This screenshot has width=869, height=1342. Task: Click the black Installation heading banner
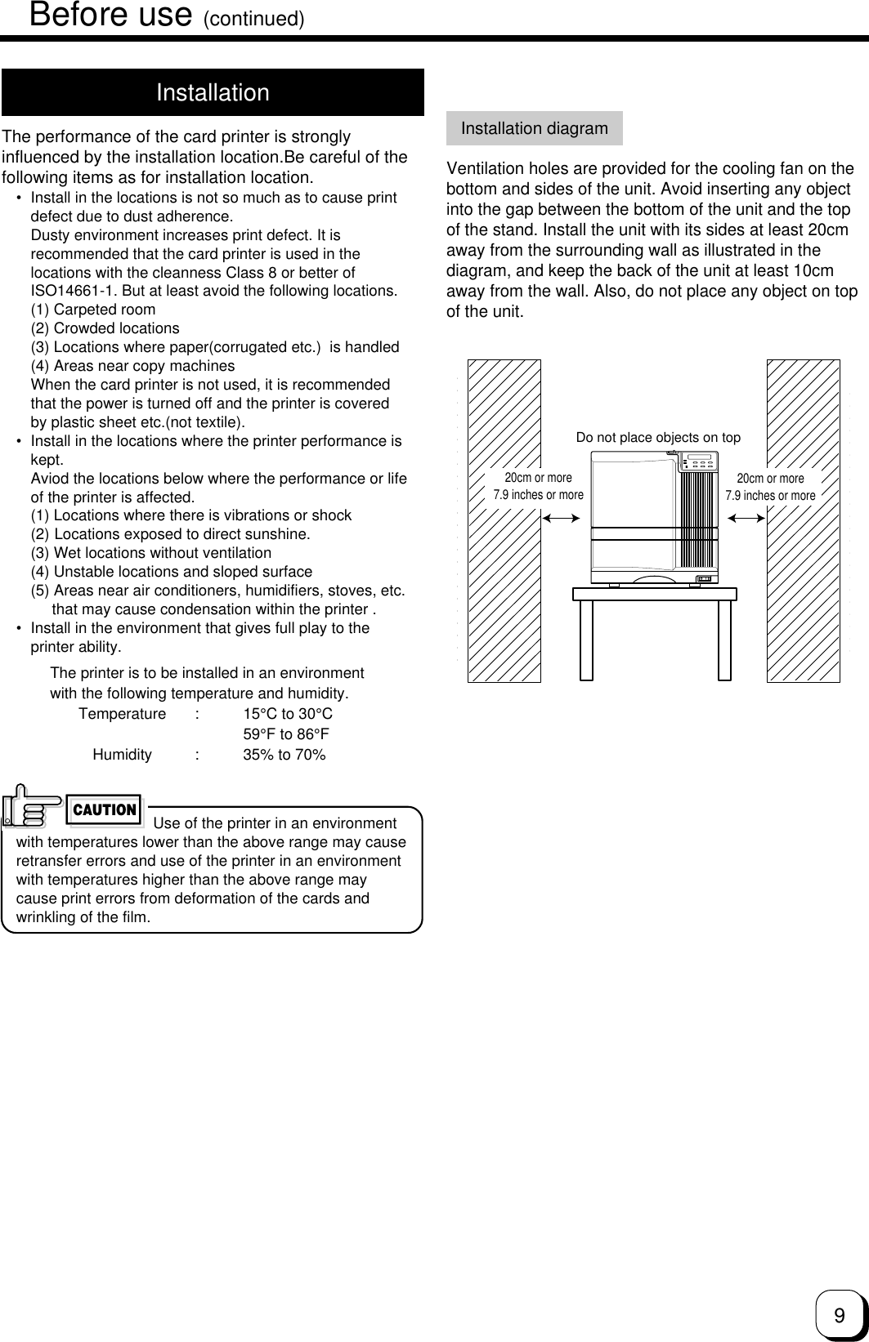point(213,92)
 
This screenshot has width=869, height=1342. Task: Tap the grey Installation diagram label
point(534,128)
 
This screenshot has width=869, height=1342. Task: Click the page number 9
point(839,1315)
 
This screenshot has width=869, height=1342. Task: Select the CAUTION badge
point(105,810)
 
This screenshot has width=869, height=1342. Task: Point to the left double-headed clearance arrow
point(561,517)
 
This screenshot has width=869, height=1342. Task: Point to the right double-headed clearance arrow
point(746,517)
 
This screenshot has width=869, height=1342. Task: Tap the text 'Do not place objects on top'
point(658,438)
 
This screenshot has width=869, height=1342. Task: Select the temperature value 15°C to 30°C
point(288,714)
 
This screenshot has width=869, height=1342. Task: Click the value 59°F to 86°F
point(286,734)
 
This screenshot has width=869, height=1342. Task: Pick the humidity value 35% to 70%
point(284,755)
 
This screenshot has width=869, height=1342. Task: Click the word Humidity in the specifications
point(122,755)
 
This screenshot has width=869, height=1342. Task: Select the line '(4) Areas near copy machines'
point(132,366)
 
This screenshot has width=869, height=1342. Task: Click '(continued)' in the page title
point(253,18)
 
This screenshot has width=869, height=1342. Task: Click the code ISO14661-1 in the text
point(74,291)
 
